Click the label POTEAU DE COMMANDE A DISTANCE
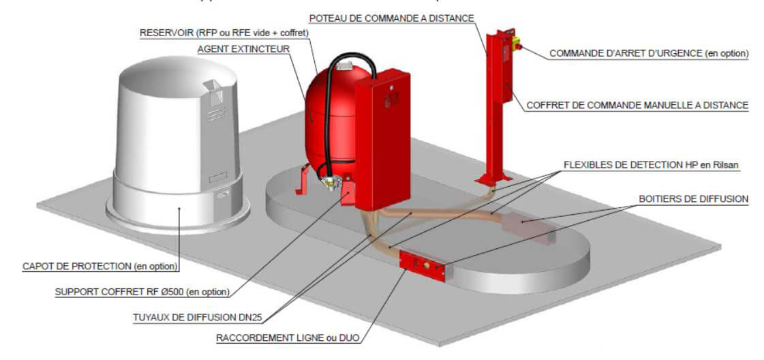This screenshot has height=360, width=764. [x=391, y=18]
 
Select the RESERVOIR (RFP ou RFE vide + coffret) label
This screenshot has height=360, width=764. [x=224, y=33]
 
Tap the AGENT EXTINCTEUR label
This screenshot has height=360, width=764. [x=243, y=50]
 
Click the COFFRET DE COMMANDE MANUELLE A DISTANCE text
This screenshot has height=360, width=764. [x=637, y=106]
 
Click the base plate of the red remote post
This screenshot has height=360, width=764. [x=493, y=180]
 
